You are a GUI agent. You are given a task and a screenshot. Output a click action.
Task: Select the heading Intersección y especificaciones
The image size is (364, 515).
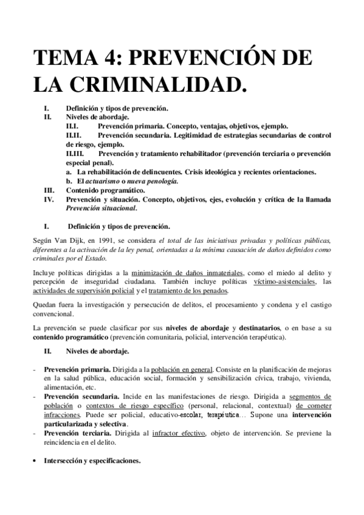click(x=92, y=460)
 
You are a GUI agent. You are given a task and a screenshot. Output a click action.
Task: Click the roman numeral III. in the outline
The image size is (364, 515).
click(x=50, y=189)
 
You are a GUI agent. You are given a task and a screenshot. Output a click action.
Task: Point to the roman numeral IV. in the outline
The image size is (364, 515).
click(x=50, y=199)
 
